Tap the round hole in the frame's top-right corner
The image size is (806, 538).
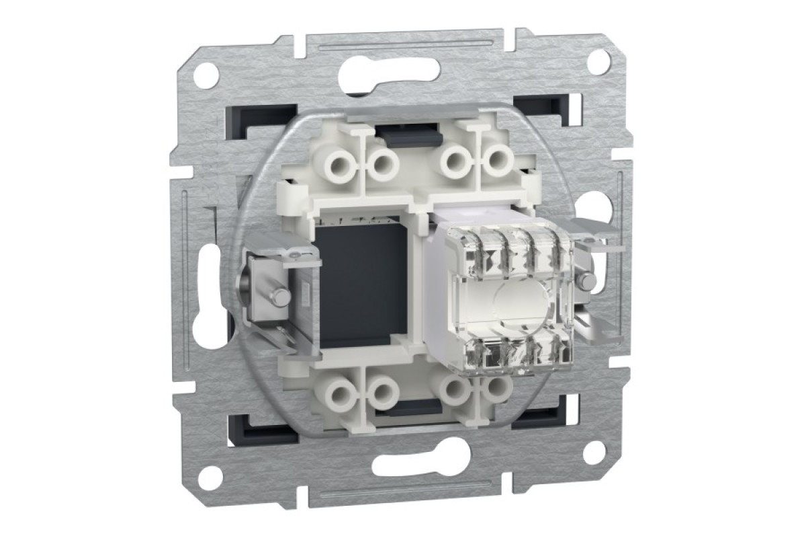(598, 61)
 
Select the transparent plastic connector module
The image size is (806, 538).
(510, 296)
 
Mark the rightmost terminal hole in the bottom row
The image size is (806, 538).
(497, 387)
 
